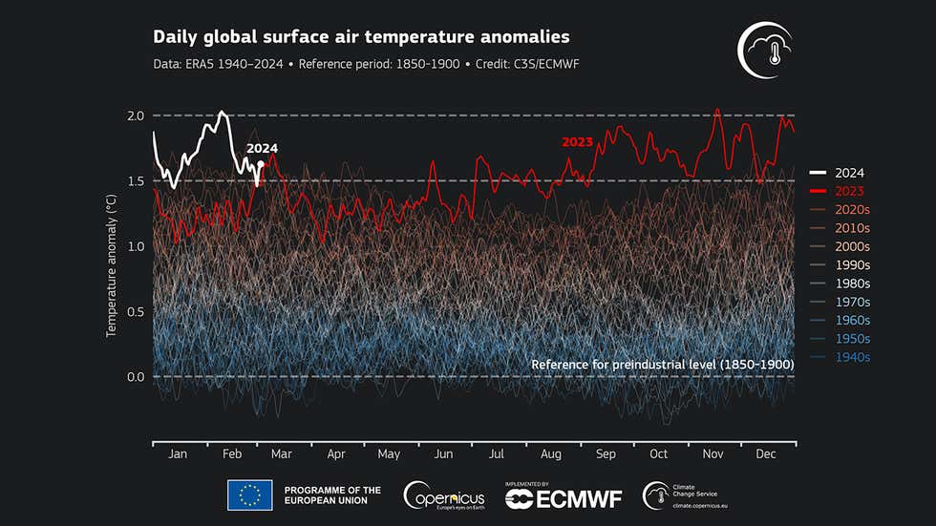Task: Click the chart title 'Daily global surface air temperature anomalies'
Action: point(361,37)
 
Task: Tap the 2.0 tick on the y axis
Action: point(135,116)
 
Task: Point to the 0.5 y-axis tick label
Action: point(135,311)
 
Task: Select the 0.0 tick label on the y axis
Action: point(135,377)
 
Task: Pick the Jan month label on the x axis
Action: point(178,455)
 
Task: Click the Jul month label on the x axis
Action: point(497,455)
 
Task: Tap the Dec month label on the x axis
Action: point(765,455)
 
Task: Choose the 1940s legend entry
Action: point(849,357)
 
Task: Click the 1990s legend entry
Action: point(849,265)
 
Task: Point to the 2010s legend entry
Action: point(849,228)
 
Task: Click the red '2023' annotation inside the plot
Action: point(577,142)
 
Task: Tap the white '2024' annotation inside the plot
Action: point(262,149)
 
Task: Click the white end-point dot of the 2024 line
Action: point(261,163)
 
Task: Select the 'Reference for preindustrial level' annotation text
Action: point(662,365)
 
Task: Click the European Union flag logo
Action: point(249,495)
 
